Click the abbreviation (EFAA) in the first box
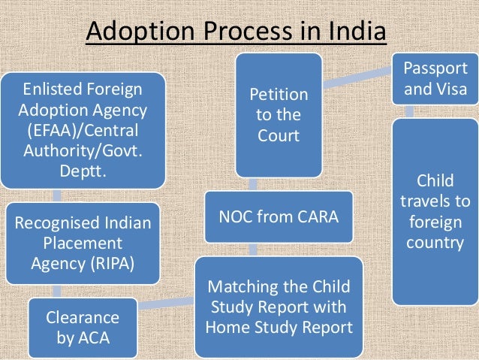point(47,129)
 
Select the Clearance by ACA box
point(83,328)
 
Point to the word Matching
point(238,287)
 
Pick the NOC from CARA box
point(278,217)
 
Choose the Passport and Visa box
point(435,78)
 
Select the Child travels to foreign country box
point(435,212)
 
